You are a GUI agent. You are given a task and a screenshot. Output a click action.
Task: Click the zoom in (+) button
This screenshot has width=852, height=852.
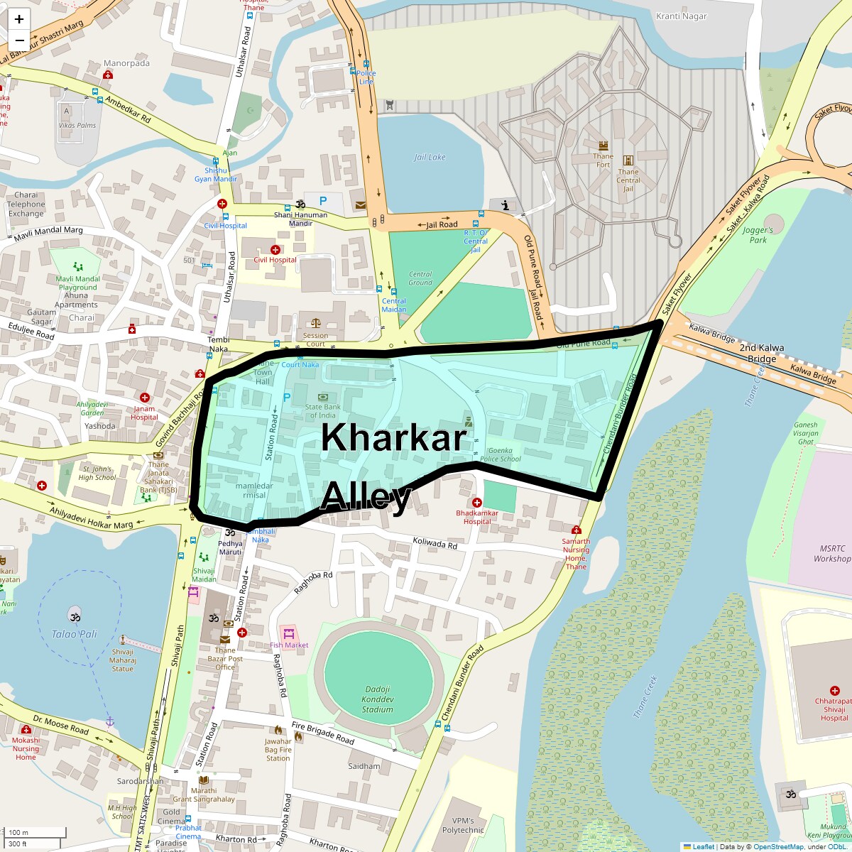click(x=19, y=19)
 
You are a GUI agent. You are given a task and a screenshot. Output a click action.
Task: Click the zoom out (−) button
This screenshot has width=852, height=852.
click(x=19, y=40)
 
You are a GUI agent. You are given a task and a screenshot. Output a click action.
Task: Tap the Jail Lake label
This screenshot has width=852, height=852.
click(x=430, y=157)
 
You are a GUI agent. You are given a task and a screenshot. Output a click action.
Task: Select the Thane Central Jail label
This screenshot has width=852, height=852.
click(x=628, y=180)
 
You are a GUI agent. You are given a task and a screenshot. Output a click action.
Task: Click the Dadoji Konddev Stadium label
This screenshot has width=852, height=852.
click(x=377, y=699)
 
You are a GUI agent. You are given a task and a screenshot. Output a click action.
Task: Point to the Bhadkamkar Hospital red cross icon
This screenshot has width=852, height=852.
click(x=477, y=503)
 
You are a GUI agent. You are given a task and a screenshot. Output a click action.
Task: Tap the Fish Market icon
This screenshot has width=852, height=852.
click(x=288, y=633)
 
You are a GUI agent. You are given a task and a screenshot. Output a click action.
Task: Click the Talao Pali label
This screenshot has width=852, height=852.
click(x=74, y=634)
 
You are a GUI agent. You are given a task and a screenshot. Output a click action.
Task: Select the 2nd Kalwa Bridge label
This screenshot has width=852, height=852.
click(x=762, y=353)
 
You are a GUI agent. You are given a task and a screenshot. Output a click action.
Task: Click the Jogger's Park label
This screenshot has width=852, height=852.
click(x=758, y=235)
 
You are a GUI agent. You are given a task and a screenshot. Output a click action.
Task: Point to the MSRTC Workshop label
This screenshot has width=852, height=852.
click(x=832, y=554)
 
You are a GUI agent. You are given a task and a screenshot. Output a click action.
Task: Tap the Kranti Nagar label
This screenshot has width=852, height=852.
click(x=681, y=16)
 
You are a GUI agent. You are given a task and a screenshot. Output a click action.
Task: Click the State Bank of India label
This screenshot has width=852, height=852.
click(x=323, y=411)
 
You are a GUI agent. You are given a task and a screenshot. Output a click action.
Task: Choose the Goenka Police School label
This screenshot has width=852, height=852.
click(x=500, y=454)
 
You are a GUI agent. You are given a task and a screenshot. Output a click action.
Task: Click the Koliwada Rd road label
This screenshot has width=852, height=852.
click(x=435, y=543)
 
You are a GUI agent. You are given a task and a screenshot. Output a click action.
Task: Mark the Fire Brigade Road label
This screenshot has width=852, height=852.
click(x=322, y=733)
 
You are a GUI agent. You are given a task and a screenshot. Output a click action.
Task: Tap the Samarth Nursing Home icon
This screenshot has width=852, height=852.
click(x=576, y=530)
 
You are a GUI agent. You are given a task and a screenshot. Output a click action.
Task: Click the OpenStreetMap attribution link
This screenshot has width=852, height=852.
click(x=778, y=846)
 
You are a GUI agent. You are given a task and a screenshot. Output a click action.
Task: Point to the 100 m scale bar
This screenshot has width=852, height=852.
click(x=35, y=833)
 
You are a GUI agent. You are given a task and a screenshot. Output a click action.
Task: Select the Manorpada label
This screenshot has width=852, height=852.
click(x=126, y=63)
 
